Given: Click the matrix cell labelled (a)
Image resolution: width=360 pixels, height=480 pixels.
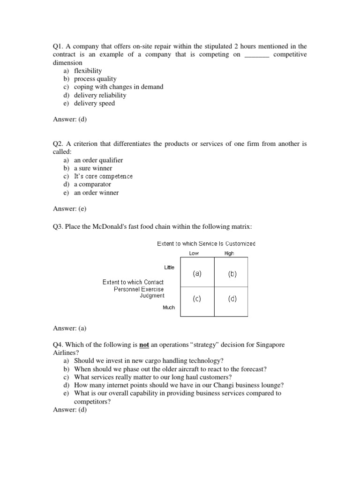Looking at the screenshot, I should click(197, 274).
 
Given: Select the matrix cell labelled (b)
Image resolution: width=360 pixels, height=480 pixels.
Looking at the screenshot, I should click(232, 274).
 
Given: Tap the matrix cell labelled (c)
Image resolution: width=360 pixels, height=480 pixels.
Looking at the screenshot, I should click(197, 299).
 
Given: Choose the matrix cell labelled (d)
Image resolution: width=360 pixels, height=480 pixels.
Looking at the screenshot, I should click(232, 299).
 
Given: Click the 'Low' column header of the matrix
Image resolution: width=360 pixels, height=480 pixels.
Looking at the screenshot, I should click(194, 254).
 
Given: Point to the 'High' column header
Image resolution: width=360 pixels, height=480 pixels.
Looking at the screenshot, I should click(229, 254).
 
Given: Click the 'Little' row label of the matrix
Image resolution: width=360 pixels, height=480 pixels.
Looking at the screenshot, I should click(169, 267).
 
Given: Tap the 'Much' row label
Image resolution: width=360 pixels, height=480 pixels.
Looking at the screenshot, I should click(169, 307).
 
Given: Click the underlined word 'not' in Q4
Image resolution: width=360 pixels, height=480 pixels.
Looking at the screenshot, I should click(144, 345).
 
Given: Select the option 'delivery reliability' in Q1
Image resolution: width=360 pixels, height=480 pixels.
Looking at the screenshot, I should click(100, 95).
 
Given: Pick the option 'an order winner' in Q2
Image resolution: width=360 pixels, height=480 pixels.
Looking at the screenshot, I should click(96, 193).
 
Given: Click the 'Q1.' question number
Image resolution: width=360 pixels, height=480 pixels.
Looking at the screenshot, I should click(58, 46).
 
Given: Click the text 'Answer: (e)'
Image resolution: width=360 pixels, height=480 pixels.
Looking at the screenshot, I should click(70, 209).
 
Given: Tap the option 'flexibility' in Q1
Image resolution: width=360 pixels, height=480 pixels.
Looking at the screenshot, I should click(88, 71).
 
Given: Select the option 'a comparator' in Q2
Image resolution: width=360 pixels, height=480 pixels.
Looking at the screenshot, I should click(93, 184).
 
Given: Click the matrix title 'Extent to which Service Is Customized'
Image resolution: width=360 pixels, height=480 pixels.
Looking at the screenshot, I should click(206, 244).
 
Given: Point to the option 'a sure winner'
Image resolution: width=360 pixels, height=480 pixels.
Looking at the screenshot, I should click(93, 168).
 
